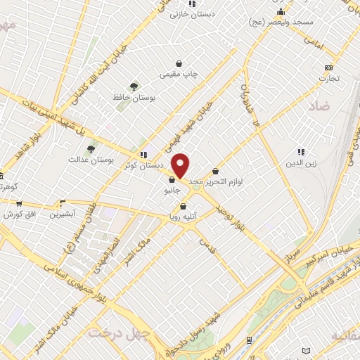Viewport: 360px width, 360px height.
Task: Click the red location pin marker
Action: click(x=181, y=166)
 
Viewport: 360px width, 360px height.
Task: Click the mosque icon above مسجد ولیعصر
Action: click(x=281, y=12)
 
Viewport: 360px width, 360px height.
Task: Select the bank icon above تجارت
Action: click(x=328, y=67)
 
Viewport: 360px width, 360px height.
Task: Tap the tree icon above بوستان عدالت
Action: click(x=91, y=148)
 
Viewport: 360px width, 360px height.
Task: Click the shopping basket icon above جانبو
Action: click(x=172, y=180)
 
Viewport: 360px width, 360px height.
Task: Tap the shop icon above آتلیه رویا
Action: click(x=184, y=207)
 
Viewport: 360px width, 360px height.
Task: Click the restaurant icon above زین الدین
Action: click(x=301, y=152)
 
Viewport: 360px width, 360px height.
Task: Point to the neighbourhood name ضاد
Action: click(x=319, y=105)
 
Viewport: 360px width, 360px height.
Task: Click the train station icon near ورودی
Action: click(x=250, y=340)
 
